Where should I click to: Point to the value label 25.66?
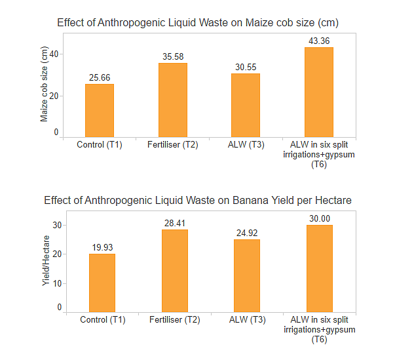(100, 78)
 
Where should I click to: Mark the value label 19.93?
(102, 247)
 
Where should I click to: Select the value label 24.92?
(247, 233)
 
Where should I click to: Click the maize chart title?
(198, 23)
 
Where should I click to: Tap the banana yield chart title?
(198, 200)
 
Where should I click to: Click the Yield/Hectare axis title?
(45, 260)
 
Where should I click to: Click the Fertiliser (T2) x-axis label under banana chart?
(174, 320)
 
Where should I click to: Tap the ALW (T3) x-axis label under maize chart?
(246, 145)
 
